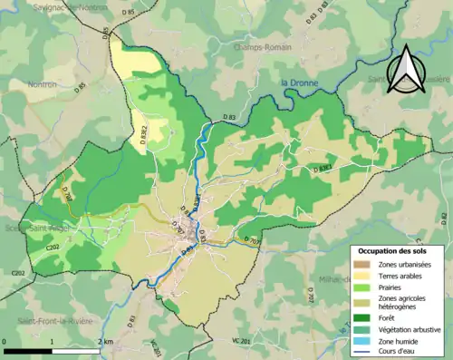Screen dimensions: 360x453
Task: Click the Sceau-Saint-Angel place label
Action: click(32, 229)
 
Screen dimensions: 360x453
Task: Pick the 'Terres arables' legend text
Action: click(399, 275)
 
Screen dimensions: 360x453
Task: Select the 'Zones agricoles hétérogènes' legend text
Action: click(403, 303)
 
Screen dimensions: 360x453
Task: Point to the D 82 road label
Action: click(444, 216)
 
